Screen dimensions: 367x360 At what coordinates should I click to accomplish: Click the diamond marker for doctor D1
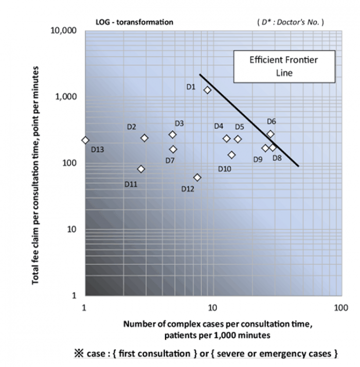coord(208,90)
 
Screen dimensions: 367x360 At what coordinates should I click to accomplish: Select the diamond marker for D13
coord(85,140)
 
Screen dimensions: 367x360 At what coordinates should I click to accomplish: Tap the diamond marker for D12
coord(197,178)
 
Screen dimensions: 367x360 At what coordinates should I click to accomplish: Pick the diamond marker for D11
coord(141,169)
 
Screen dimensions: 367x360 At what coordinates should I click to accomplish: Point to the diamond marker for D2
coord(145,138)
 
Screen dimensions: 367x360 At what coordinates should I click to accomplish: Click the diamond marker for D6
coord(271,134)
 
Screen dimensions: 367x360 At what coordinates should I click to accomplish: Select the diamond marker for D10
coord(232,155)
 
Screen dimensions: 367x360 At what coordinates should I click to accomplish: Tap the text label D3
coord(179,124)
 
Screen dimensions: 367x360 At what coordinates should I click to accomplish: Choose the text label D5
coord(239,127)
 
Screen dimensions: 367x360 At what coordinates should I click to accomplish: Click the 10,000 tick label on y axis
coord(66,31)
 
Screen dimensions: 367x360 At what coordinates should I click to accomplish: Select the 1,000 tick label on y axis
coord(68,97)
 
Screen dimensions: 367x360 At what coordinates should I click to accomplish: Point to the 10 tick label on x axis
coord(211,308)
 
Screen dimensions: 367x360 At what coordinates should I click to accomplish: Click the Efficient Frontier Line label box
coord(284,66)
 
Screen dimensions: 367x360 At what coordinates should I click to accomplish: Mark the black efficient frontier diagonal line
coord(249,120)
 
